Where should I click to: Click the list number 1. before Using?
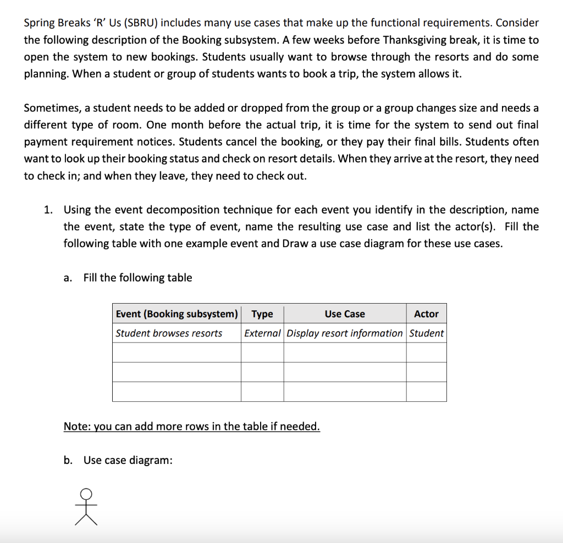point(49,210)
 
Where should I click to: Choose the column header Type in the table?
point(262,314)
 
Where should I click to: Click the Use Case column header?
point(345,314)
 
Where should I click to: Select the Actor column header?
point(426,314)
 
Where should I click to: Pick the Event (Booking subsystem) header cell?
point(176,314)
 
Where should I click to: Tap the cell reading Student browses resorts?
point(169,333)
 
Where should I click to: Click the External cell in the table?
point(262,333)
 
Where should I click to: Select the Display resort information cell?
point(345,333)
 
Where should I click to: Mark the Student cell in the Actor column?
point(426,333)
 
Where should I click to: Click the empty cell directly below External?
point(262,352)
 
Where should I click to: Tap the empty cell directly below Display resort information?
point(345,352)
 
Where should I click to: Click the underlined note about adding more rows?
point(191,427)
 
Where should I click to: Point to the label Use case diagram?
point(128,460)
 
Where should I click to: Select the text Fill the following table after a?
point(137,278)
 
